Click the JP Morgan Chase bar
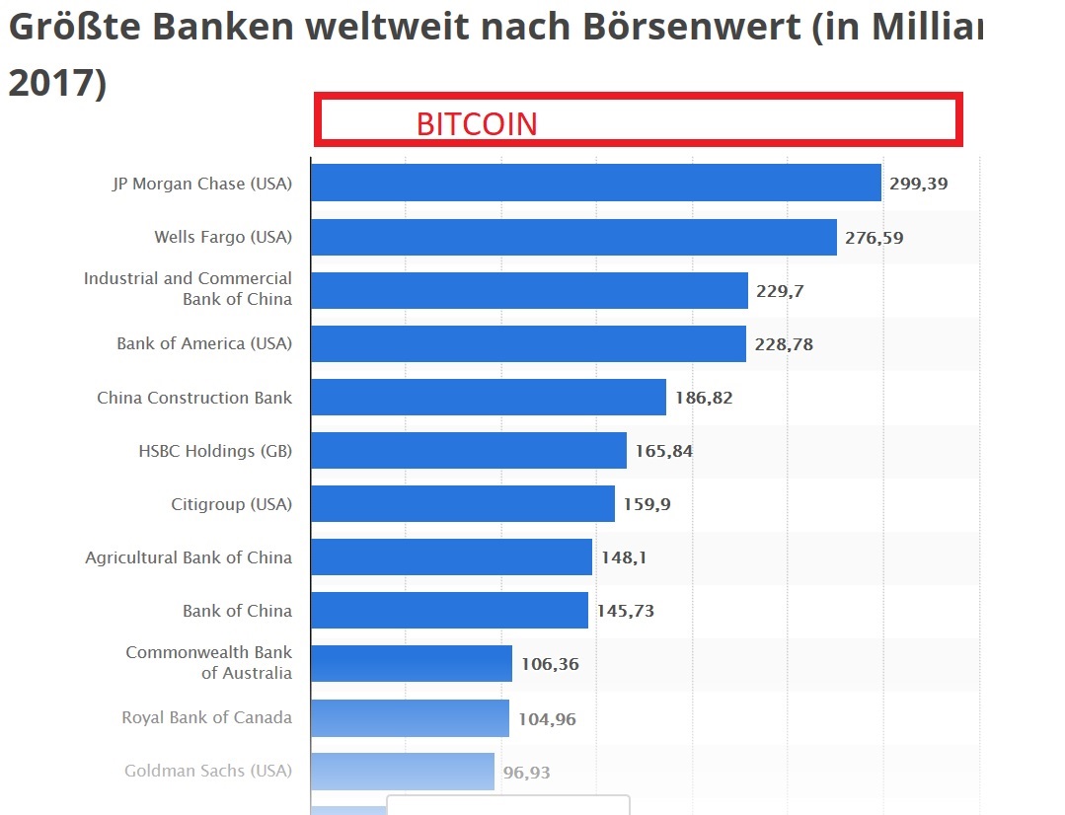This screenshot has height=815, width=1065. coord(595,183)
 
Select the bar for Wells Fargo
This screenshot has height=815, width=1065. coord(573,237)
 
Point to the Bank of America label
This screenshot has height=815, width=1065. coord(204,343)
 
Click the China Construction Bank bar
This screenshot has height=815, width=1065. coord(489,398)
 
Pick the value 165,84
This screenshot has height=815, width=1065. coord(663,451)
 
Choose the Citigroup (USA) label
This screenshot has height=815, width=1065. coord(231,504)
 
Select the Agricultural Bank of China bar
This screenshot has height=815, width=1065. coord(451,557)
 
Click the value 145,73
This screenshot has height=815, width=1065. coord(625,611)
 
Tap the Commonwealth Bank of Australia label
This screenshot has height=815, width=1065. coord(209,663)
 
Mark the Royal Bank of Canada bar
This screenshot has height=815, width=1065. coord(410,718)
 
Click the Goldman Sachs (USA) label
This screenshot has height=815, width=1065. coord(208,771)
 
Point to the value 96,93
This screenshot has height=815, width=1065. coord(526,773)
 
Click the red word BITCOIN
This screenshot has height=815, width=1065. coord(477,123)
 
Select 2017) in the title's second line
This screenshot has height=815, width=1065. coord(56,83)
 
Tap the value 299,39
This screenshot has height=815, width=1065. coord(919,184)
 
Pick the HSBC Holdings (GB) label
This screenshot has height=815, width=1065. coord(215,451)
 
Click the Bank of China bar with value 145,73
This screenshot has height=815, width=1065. coord(449,611)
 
